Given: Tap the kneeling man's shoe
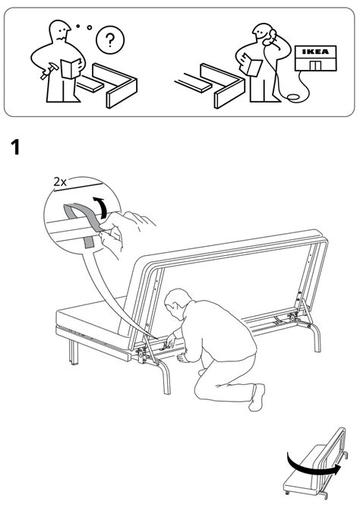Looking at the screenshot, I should point(257,397).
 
